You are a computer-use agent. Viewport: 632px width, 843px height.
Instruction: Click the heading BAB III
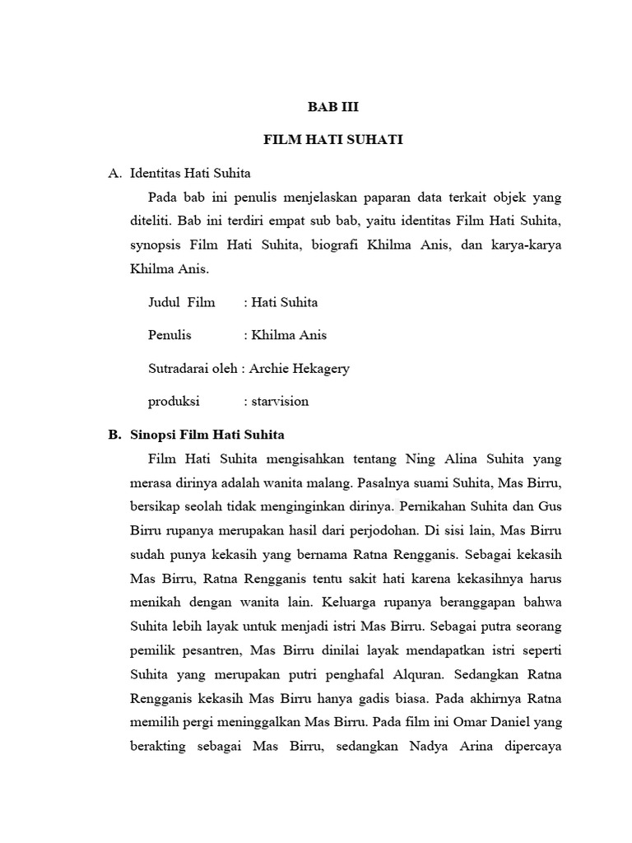coord(333,107)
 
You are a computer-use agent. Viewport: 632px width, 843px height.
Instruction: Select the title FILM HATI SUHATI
coord(333,140)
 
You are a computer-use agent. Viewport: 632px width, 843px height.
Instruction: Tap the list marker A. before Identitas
coord(115,173)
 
